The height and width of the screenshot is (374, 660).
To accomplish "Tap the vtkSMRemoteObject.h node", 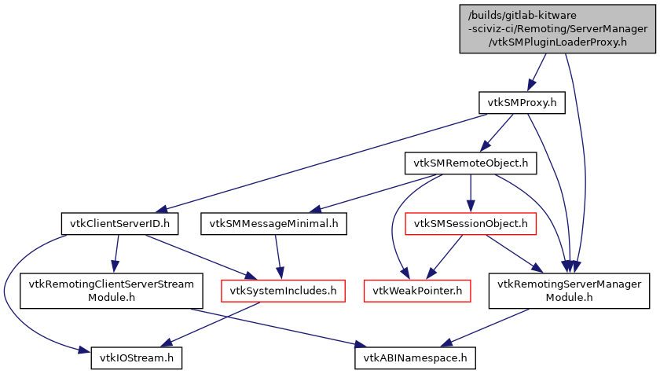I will click(x=470, y=163).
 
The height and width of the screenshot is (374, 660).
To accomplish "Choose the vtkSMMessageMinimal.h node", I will click(x=273, y=224).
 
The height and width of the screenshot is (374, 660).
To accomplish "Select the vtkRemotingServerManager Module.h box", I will click(x=569, y=291).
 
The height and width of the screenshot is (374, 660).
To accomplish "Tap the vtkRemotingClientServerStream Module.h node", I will click(x=112, y=291).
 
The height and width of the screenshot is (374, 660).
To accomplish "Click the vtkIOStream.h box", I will click(x=137, y=358).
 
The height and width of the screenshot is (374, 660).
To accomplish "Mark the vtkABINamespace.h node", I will click(x=415, y=358).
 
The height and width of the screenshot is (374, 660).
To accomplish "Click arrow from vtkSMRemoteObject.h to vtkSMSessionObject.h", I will click(x=470, y=192).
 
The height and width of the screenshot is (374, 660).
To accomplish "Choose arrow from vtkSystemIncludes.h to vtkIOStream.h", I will click(x=212, y=324).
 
